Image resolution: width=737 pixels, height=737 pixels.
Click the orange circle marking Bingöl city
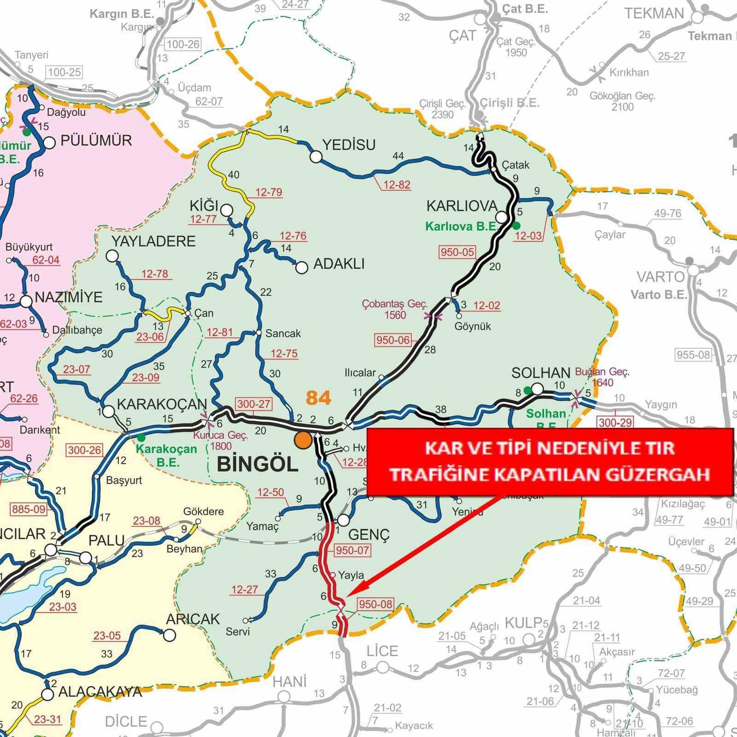point(303,440)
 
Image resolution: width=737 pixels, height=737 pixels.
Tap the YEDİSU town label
point(349,145)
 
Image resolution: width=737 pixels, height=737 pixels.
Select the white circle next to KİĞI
point(226,211)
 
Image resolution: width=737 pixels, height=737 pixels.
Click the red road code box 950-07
point(353,550)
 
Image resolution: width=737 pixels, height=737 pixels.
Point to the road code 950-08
point(375,603)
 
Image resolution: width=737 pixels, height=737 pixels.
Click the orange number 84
point(318,398)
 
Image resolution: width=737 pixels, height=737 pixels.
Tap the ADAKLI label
point(339,264)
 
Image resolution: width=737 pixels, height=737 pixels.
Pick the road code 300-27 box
point(253,404)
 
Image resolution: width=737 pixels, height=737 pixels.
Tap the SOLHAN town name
point(541,373)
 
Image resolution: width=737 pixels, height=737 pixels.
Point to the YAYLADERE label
point(153,241)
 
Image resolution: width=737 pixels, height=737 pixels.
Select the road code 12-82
point(397,185)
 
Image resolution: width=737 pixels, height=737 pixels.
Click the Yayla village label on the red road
point(351,575)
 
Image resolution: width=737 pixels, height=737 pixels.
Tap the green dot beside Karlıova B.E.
point(516,225)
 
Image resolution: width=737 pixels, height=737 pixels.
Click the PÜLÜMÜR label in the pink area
point(96,140)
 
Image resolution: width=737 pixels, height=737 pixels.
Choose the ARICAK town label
point(193,619)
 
